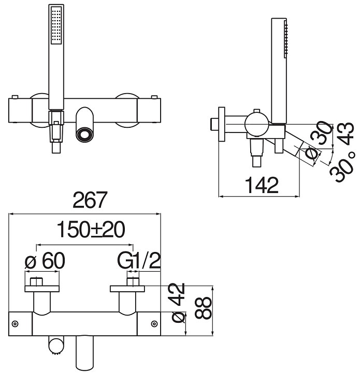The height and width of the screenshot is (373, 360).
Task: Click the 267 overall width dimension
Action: (90, 200)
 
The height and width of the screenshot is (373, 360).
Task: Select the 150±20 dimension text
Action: (91, 230)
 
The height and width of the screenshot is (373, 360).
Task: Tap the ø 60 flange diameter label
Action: (45, 261)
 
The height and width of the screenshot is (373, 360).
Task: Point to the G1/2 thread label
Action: (139, 261)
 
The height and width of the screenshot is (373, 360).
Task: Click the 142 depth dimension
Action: (262, 185)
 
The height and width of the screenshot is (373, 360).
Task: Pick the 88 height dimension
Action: (203, 308)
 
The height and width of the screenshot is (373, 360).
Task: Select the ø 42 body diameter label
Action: (179, 303)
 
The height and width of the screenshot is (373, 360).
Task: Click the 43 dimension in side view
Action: (346, 134)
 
